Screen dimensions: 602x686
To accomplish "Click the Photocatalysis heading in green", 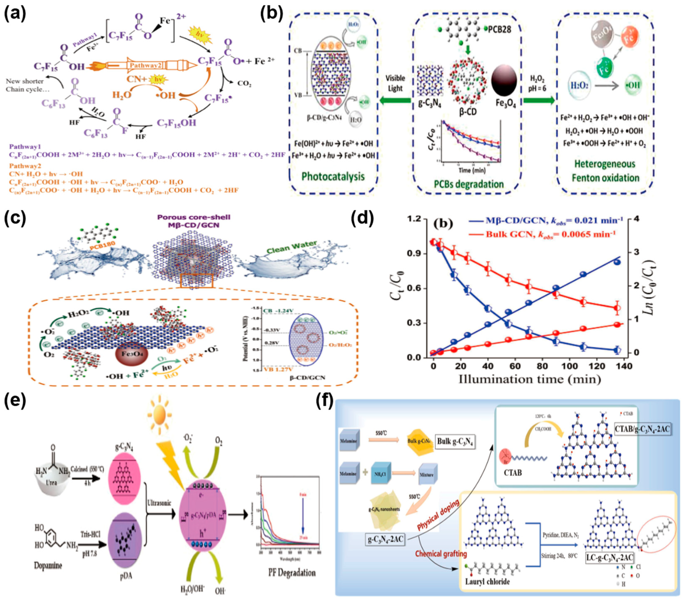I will tap(333, 177).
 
